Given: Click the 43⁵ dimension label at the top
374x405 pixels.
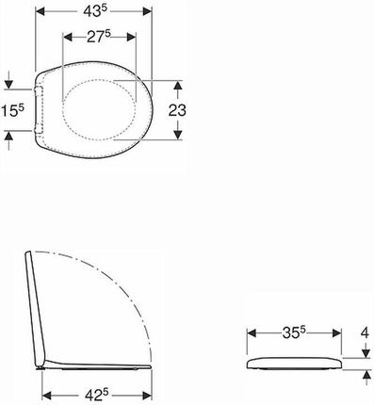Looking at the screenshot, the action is [95, 11].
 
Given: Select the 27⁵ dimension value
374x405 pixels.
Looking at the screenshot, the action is [99, 37].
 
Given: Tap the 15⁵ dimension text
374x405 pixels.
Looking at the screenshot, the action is [13, 110].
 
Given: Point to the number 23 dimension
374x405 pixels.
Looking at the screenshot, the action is [177, 110].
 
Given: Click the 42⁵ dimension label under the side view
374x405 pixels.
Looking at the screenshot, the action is [96, 394].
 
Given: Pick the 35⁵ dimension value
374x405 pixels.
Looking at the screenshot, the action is [294, 332].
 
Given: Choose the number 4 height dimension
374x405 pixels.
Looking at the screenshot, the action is [365, 332].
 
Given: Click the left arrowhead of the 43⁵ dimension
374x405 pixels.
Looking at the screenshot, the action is [41, 11].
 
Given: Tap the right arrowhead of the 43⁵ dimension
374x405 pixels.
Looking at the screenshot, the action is [147, 11].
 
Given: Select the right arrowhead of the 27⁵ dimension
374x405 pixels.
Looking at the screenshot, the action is [131, 37].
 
